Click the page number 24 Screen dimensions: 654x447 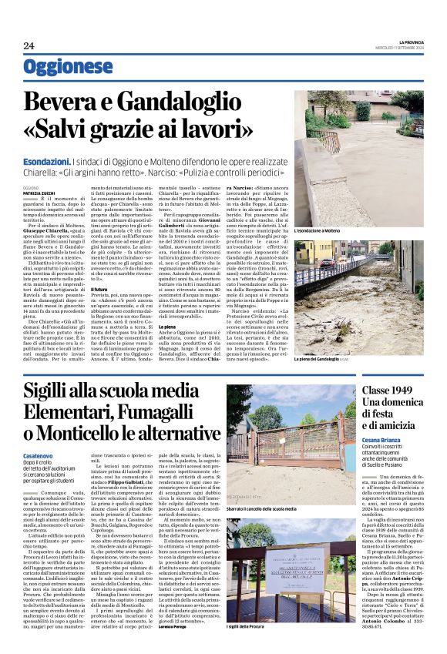pos(29,45)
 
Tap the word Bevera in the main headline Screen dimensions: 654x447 pos(78,103)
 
